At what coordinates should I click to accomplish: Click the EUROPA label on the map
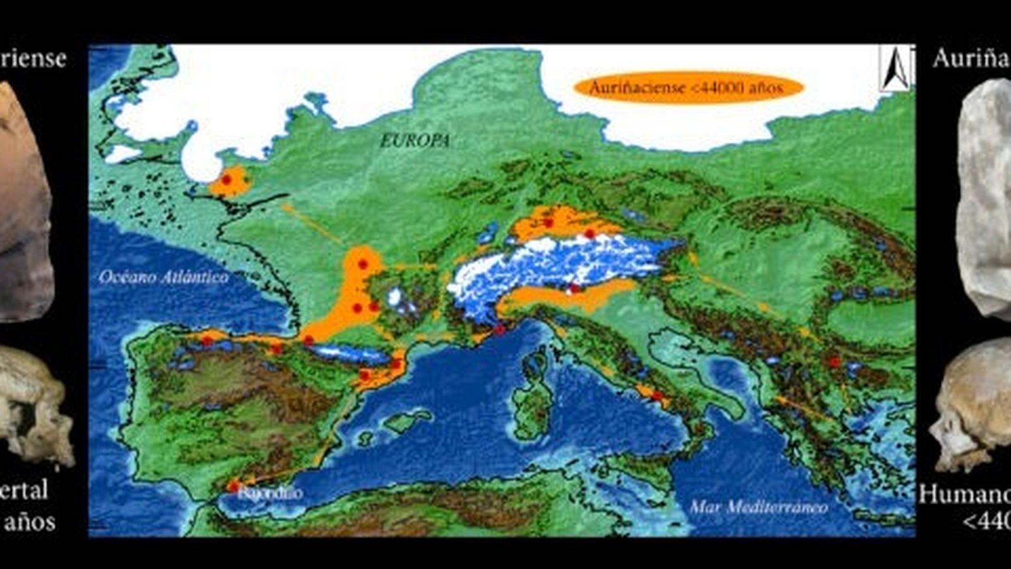click(415, 140)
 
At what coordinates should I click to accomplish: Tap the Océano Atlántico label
click(164, 277)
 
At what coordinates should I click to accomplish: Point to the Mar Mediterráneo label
click(758, 506)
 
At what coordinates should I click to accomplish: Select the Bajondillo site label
click(270, 493)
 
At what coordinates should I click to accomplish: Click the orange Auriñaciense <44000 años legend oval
click(688, 87)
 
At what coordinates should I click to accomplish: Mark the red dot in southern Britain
click(226, 180)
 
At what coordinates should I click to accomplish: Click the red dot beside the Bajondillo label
click(234, 486)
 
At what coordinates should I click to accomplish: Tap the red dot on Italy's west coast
click(657, 396)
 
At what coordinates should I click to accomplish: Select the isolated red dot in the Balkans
click(835, 362)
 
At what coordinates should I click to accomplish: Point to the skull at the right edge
click(973, 405)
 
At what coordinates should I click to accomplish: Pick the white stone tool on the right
click(986, 196)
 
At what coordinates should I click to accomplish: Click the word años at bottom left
click(30, 522)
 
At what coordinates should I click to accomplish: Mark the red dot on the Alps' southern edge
click(574, 289)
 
